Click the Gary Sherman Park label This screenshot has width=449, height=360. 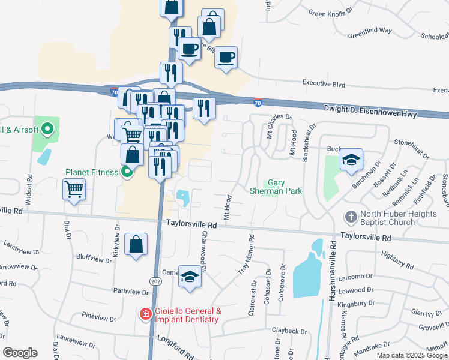[276, 187]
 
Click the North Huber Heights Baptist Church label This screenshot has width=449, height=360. [388, 218]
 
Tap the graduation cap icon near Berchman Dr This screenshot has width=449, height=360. [351, 160]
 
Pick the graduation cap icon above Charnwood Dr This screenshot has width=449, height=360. [190, 276]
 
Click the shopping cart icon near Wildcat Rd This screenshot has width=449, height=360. [74, 190]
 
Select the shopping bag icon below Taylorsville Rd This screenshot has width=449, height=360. [136, 244]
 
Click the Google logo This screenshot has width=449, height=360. [20, 353]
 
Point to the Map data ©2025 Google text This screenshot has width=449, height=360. [411, 355]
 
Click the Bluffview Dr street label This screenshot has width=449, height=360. [91, 257]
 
